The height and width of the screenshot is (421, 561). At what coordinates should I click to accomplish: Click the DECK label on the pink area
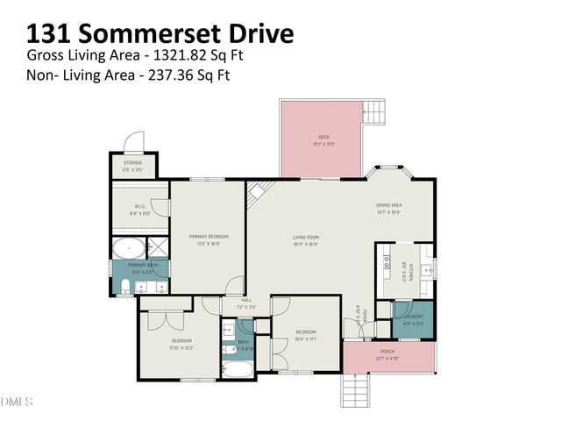(x=323, y=137)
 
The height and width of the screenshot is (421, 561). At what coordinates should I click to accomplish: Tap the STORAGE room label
(x=132, y=161)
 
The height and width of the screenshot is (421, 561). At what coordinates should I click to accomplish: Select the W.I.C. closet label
(x=139, y=208)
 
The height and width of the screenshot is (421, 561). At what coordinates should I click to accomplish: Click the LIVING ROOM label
(x=305, y=237)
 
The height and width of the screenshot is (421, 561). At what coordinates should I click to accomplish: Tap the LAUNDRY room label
(x=414, y=317)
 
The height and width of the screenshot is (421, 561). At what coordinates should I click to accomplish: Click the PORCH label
(x=387, y=352)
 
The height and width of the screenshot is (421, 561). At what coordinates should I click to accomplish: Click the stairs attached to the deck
(x=374, y=112)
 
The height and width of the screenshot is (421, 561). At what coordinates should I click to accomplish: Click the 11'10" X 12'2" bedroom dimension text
(x=181, y=346)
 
